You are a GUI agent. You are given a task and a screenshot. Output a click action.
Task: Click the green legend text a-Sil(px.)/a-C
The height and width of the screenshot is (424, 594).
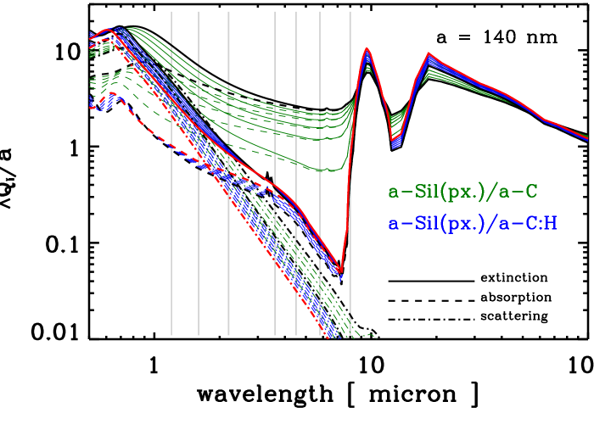coord(462,192)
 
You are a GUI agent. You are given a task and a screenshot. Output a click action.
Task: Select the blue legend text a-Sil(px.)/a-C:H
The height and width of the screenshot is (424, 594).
coord(472,224)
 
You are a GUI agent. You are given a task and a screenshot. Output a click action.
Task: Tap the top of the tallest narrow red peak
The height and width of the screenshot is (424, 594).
coord(367,48)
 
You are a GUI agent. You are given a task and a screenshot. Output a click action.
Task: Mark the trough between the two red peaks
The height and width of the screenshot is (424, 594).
coord(391,138)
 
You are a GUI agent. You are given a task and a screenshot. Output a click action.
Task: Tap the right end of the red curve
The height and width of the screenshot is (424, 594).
coord(587,137)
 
